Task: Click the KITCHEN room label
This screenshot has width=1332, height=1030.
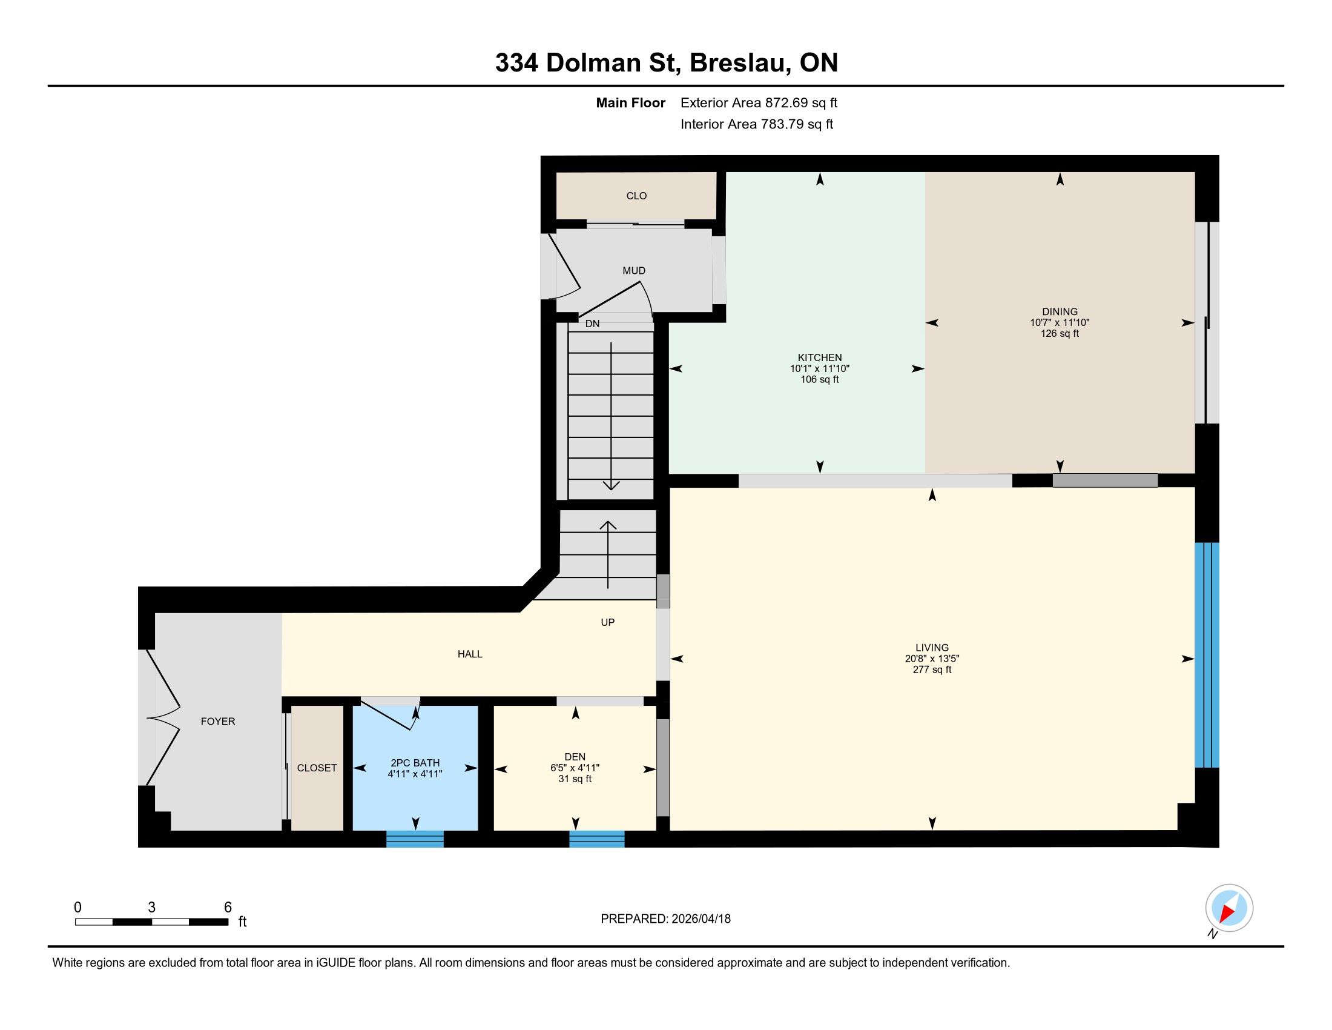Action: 820,357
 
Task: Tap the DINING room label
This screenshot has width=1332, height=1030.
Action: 1060,311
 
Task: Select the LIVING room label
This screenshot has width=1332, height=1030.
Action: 932,648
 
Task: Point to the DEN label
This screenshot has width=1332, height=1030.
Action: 575,757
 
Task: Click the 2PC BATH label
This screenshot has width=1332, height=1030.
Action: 415,763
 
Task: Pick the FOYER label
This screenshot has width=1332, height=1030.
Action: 218,721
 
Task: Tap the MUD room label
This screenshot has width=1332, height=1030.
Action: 634,270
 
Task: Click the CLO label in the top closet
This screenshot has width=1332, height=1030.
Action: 636,196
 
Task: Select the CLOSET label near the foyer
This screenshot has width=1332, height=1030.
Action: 317,768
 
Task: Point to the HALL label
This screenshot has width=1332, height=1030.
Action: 470,654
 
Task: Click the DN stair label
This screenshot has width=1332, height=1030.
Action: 592,324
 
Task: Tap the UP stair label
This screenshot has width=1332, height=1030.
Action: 607,622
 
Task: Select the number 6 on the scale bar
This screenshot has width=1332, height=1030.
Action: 228,908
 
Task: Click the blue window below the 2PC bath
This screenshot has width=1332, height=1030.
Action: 415,839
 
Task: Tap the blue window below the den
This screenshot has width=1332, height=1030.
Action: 596,839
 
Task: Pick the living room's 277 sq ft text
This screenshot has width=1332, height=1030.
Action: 932,669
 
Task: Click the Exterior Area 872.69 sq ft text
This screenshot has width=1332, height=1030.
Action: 759,102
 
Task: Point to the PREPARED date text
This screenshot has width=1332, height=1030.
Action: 665,919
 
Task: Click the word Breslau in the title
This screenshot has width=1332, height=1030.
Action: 738,63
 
